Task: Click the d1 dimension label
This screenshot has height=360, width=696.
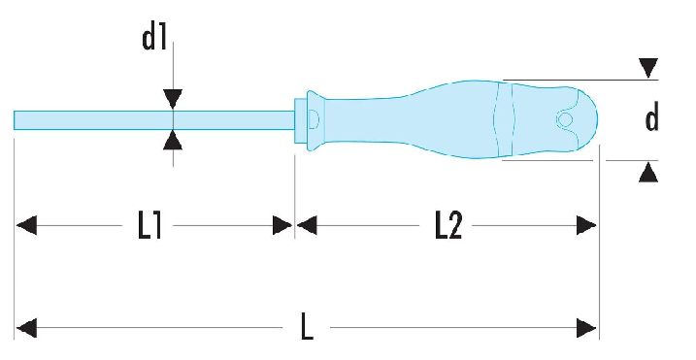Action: click(154, 38)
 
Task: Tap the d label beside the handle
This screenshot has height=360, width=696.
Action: click(651, 118)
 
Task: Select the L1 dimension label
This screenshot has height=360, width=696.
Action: click(149, 225)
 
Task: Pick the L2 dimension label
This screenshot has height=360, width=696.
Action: click(447, 225)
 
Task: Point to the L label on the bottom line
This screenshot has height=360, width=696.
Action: click(307, 326)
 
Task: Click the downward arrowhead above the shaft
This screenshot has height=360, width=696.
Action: click(173, 99)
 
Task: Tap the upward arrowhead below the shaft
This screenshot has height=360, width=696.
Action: click(173, 141)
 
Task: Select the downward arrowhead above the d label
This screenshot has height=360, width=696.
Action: click(648, 68)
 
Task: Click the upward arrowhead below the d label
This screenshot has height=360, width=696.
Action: click(648, 172)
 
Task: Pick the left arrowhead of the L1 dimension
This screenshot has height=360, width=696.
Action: click(26, 225)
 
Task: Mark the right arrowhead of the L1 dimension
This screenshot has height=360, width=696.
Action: click(282, 225)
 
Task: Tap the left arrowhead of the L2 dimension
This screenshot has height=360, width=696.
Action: click(307, 225)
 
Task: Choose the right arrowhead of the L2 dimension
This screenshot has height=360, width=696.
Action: click(586, 225)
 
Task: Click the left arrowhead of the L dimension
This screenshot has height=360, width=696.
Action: click(26, 329)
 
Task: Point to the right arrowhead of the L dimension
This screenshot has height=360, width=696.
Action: click(586, 329)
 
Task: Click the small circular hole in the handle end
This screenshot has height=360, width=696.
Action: click(565, 119)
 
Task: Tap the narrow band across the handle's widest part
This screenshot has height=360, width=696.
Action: click(504, 119)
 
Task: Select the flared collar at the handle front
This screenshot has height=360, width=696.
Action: click(316, 120)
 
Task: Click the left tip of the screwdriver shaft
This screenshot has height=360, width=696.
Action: click(15, 120)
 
